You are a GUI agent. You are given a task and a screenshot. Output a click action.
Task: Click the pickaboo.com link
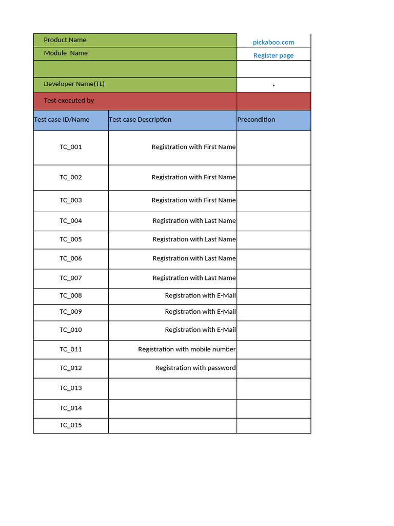point(273,42)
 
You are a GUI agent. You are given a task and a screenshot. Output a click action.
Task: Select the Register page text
point(273,55)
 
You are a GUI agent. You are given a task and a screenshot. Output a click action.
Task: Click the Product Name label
point(65,40)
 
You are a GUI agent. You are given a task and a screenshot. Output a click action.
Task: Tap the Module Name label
point(66,53)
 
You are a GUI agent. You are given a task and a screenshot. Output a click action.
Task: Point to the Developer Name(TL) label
point(74,84)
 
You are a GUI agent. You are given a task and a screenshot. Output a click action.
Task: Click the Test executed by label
point(69,101)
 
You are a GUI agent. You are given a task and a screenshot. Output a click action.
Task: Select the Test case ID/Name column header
point(62,120)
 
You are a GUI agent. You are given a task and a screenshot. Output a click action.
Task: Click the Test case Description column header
point(140,120)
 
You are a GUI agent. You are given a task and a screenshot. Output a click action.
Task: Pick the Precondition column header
point(256,120)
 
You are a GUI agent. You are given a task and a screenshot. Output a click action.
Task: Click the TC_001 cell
point(71,147)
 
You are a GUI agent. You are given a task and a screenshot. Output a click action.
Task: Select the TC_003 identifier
point(71,200)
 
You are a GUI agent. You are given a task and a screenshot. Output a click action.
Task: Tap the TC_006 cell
point(71,258)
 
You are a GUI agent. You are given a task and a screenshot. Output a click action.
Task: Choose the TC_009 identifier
point(71,312)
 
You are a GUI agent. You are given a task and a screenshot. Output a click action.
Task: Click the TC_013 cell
point(71,388)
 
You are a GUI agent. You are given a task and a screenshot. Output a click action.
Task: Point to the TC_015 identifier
point(71,425)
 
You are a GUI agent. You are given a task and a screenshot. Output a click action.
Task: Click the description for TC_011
point(187,349)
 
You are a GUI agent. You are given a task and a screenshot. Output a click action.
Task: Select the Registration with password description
point(195,368)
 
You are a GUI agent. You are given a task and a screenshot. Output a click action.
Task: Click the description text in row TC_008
point(200,295)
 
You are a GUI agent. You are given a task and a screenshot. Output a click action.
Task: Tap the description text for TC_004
point(194,221)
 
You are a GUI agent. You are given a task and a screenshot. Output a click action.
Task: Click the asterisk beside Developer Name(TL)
point(273,86)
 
